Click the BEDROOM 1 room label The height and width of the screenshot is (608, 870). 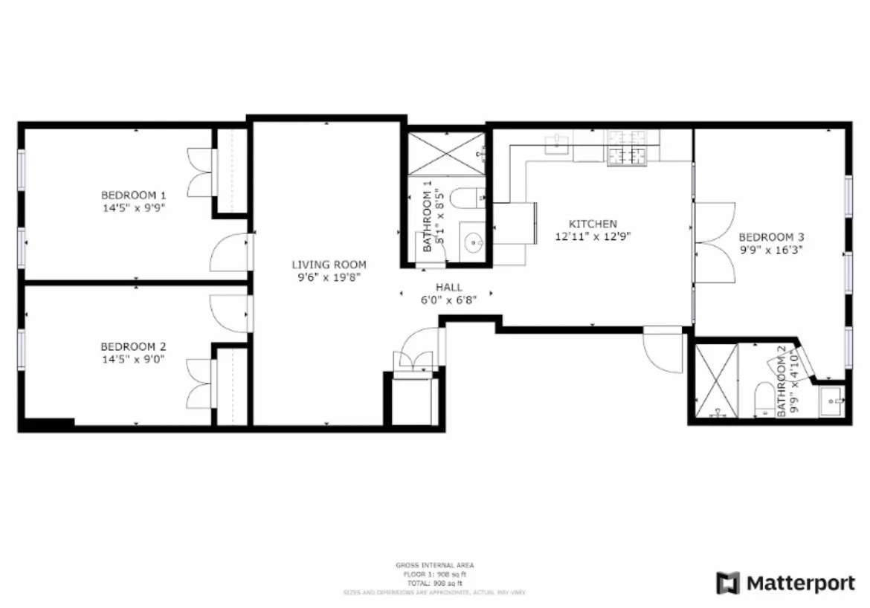tap(133, 195)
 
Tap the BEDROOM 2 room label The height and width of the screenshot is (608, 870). tap(133, 346)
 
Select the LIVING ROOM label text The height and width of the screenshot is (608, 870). tap(329, 265)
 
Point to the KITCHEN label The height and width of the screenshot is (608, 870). tap(593, 224)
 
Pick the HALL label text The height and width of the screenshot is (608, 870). tap(449, 287)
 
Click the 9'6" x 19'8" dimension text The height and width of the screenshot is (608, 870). tap(329, 277)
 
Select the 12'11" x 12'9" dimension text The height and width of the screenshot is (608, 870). tap(593, 236)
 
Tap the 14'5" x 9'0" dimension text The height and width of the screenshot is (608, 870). tap(133, 359)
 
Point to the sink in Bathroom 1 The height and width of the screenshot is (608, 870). tap(471, 241)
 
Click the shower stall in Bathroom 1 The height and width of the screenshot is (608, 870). tap(443, 154)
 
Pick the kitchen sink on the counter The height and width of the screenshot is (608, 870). tap(556, 144)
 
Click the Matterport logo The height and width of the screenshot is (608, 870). tap(786, 583)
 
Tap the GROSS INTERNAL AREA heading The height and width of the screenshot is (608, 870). tap(435, 566)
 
